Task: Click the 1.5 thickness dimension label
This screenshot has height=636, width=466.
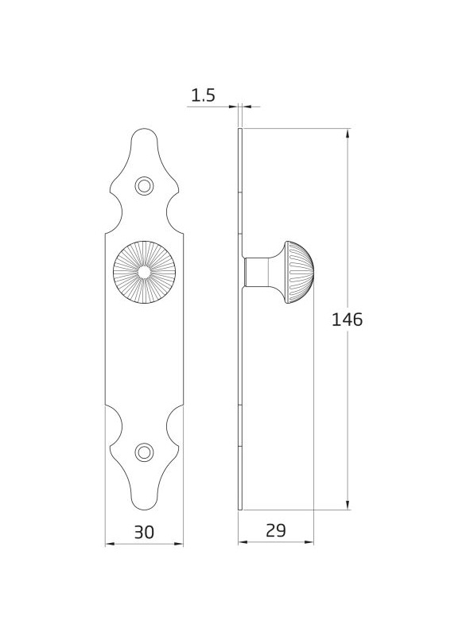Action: click(203, 95)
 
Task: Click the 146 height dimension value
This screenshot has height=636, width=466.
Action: click(348, 320)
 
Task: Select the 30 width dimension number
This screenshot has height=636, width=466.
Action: click(145, 532)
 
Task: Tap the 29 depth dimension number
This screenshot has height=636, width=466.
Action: click(276, 530)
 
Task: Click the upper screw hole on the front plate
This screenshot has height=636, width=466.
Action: click(144, 186)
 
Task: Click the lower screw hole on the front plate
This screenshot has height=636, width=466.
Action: click(144, 452)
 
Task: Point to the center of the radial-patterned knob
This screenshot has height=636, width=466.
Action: click(144, 272)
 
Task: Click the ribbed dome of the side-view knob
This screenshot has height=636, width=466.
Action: click(299, 272)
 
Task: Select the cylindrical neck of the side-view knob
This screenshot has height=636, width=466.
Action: click(256, 272)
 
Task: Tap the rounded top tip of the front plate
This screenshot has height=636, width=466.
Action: click(145, 130)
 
